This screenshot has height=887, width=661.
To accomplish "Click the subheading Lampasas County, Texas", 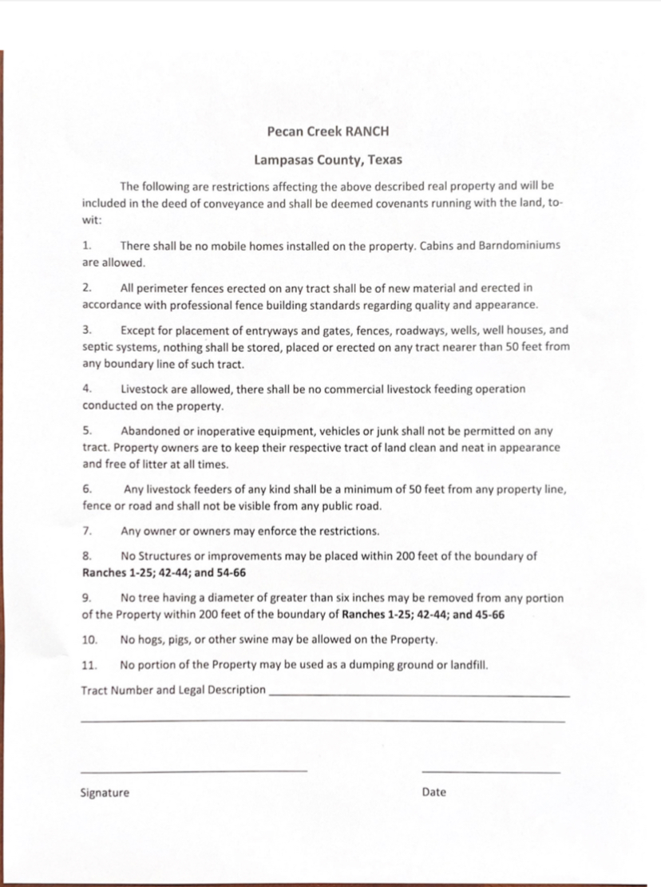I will pyautogui.click(x=328, y=160).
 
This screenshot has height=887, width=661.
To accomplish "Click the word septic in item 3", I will pyautogui.click(x=99, y=346).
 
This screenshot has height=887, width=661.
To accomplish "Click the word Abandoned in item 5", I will pyautogui.click(x=150, y=431).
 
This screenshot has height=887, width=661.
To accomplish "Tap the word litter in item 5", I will pyautogui.click(x=164, y=464).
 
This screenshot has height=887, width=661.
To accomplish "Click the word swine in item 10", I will pyautogui.click(x=287, y=640).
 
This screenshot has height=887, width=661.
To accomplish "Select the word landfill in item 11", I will pyautogui.click(x=469, y=664).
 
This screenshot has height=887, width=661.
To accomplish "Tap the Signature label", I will pyautogui.click(x=105, y=793).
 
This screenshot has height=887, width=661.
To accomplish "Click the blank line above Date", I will pyautogui.click(x=490, y=771).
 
